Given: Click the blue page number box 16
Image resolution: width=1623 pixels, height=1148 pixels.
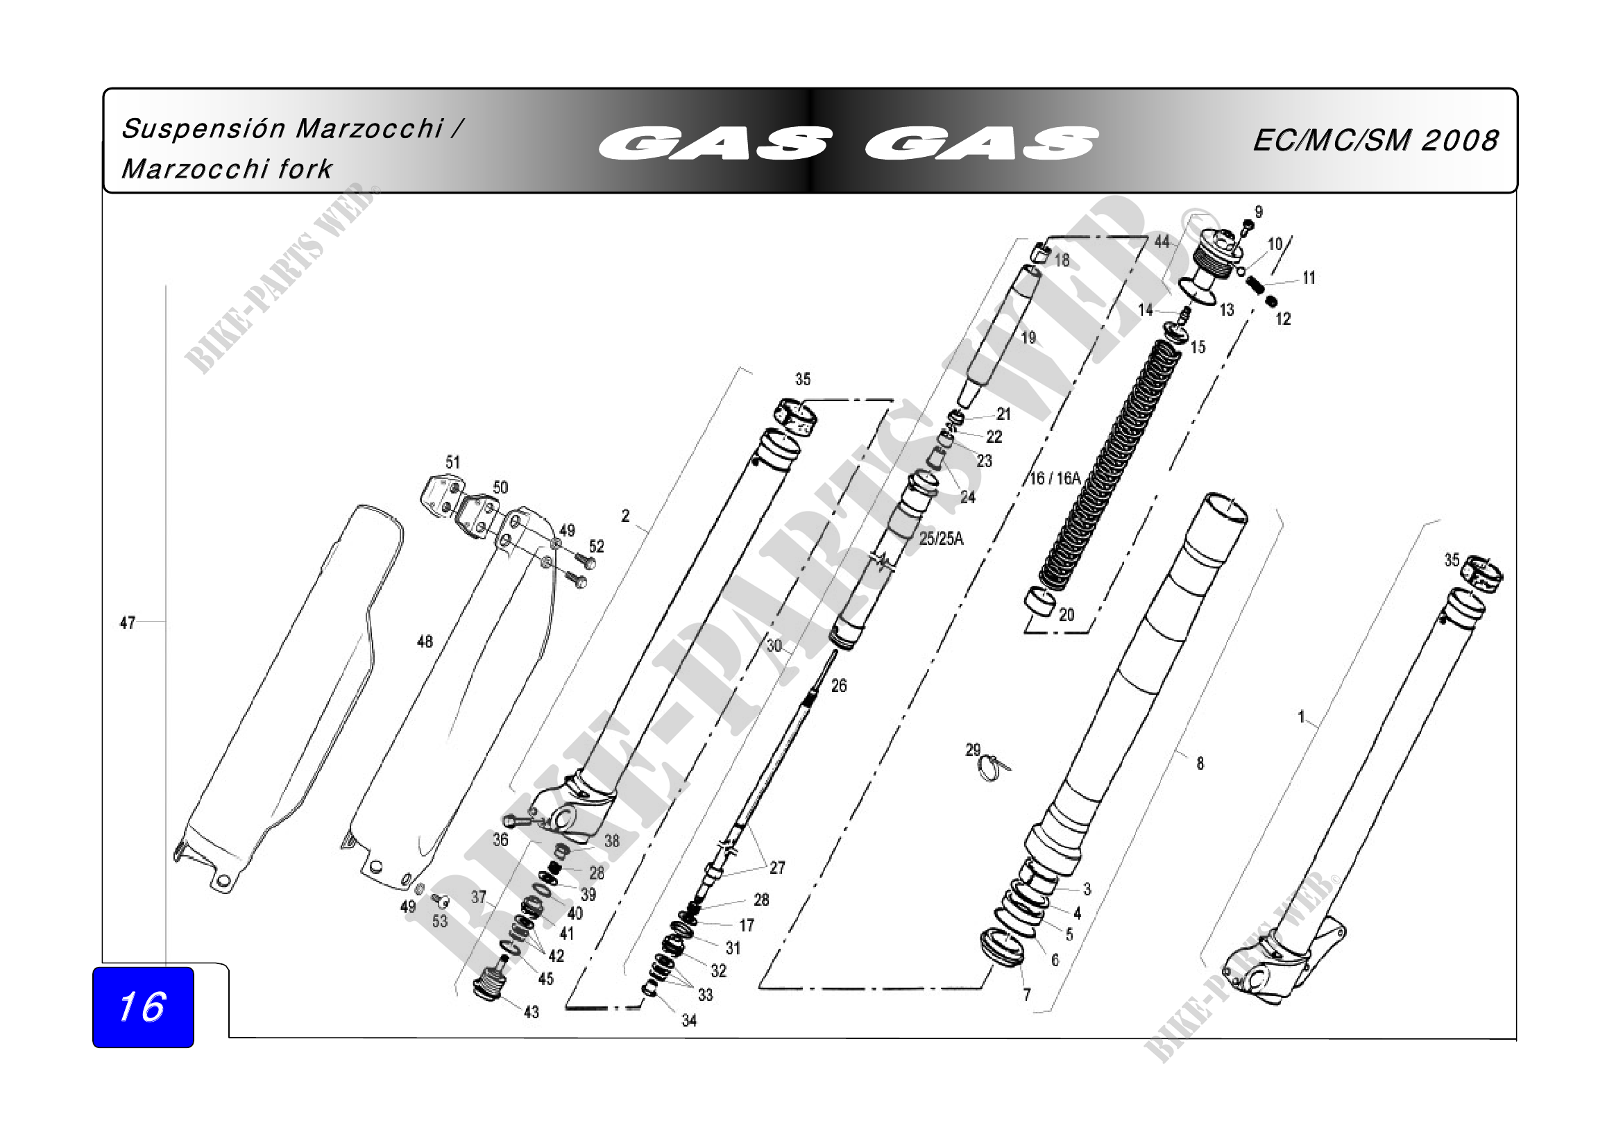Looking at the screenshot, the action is [143, 1007].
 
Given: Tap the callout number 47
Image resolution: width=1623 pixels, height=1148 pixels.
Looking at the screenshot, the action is [127, 623].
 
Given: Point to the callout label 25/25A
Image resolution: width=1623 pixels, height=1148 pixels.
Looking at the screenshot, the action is [941, 539].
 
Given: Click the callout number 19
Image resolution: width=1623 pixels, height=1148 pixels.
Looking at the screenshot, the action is [1028, 338].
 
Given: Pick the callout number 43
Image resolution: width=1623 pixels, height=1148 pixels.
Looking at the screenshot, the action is [532, 1012].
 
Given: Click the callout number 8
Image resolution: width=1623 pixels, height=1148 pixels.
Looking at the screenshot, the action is [1200, 763].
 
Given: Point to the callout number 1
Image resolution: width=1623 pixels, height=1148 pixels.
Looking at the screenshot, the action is [1300, 717].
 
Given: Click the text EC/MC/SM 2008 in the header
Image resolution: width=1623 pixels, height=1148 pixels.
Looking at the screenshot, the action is [1375, 141].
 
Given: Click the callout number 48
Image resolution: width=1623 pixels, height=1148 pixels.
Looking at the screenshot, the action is [425, 641].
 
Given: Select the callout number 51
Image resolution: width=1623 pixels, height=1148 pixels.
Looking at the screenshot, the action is [453, 462].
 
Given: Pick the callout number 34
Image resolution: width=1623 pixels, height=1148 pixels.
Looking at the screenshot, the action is [689, 1020].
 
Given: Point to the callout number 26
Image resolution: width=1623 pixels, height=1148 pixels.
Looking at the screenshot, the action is [839, 685].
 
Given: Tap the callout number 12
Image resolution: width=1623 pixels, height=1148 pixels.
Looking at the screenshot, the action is [1284, 319].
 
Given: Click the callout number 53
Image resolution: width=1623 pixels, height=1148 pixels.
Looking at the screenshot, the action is [440, 921].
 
